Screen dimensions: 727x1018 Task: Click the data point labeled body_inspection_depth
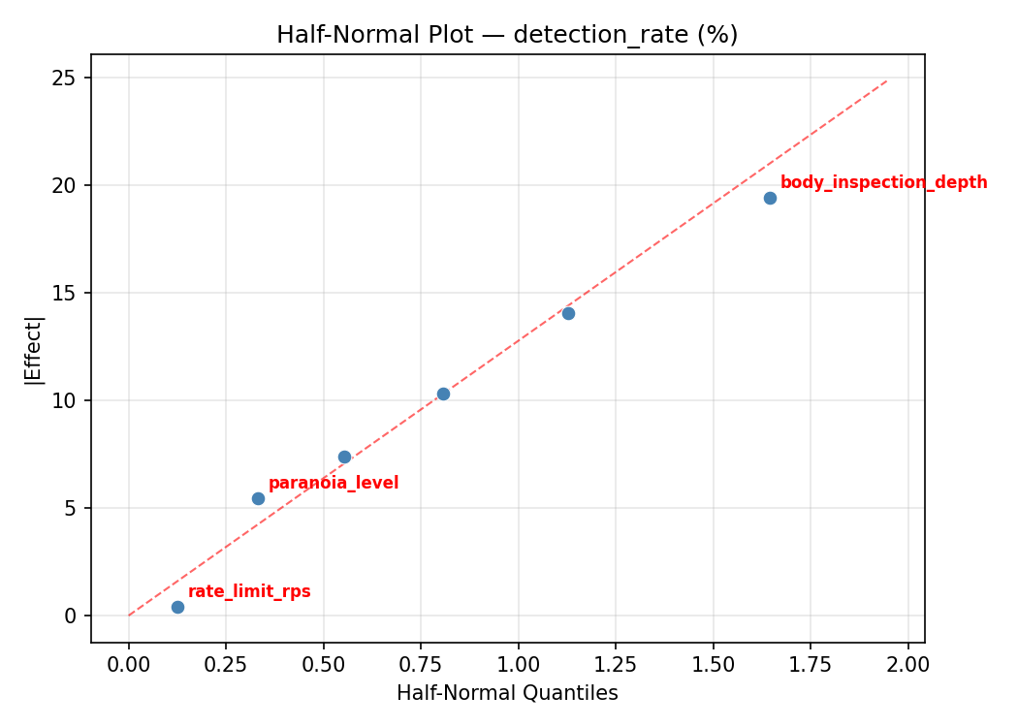770,198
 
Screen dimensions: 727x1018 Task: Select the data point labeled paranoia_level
258,498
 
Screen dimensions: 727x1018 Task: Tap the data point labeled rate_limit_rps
177,607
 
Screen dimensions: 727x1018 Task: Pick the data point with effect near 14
568,313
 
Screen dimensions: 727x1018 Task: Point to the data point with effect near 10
443,394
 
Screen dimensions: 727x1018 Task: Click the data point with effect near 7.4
344,457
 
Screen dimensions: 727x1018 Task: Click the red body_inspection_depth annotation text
883,182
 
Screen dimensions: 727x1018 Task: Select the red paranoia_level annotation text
333,483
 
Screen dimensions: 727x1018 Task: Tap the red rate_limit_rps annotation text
249,591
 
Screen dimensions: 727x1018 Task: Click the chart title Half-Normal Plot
507,35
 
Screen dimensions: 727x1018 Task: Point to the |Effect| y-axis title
35,349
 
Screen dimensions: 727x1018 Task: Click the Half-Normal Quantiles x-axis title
507,693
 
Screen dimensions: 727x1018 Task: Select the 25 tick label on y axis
66,78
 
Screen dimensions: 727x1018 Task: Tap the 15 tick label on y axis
66,293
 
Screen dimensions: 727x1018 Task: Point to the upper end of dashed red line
887,80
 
